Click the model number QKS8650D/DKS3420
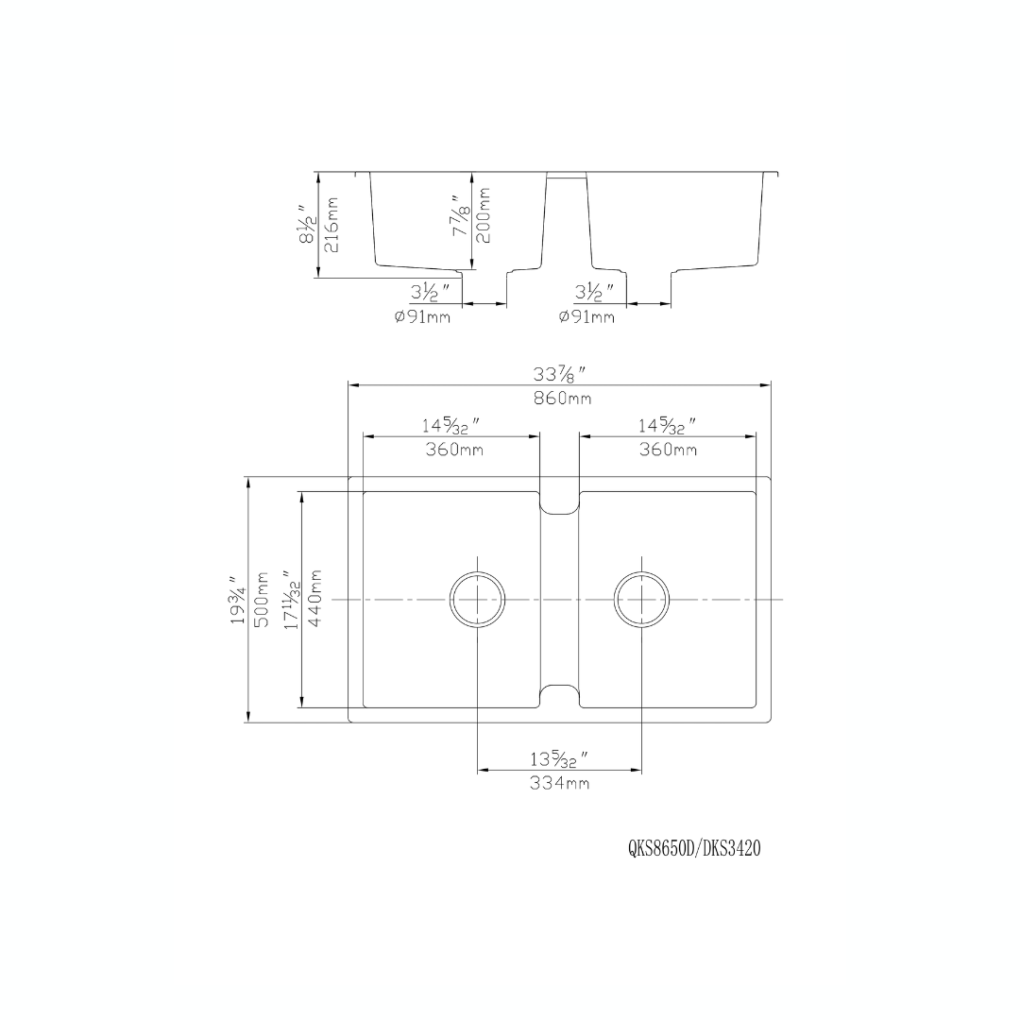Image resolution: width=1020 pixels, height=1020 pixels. (x=694, y=849)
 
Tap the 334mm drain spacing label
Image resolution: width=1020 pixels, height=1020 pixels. (x=559, y=784)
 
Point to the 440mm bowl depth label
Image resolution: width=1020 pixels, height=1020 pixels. (x=315, y=599)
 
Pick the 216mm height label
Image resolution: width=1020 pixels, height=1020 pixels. (x=331, y=225)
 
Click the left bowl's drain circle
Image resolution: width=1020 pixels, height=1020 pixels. (x=478, y=600)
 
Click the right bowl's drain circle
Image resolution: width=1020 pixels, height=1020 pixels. (x=641, y=600)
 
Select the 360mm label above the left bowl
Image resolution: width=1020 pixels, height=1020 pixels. (x=453, y=450)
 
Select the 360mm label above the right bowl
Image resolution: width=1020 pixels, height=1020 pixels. (x=668, y=450)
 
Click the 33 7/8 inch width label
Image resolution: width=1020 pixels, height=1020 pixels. (x=561, y=374)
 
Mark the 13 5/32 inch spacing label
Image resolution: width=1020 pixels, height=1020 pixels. (x=559, y=759)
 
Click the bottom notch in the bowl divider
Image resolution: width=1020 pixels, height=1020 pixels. (x=559, y=694)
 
